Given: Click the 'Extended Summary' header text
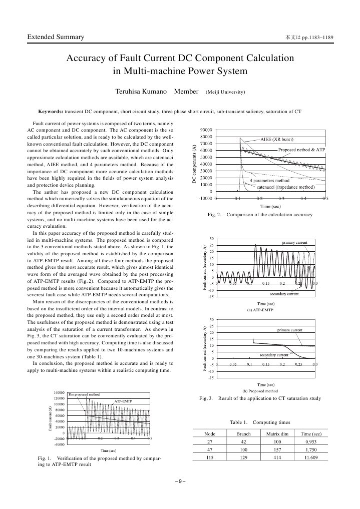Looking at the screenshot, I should tap(55, 38).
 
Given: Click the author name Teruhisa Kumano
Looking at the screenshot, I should tap(142, 92).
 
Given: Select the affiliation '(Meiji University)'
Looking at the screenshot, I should tap(225, 93).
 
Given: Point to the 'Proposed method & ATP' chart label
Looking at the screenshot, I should tap(301, 150).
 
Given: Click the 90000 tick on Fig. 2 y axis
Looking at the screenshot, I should tap(206, 130).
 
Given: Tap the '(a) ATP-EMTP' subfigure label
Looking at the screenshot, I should tap(259, 310).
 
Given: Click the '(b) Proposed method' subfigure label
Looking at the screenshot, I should tap(259, 391).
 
